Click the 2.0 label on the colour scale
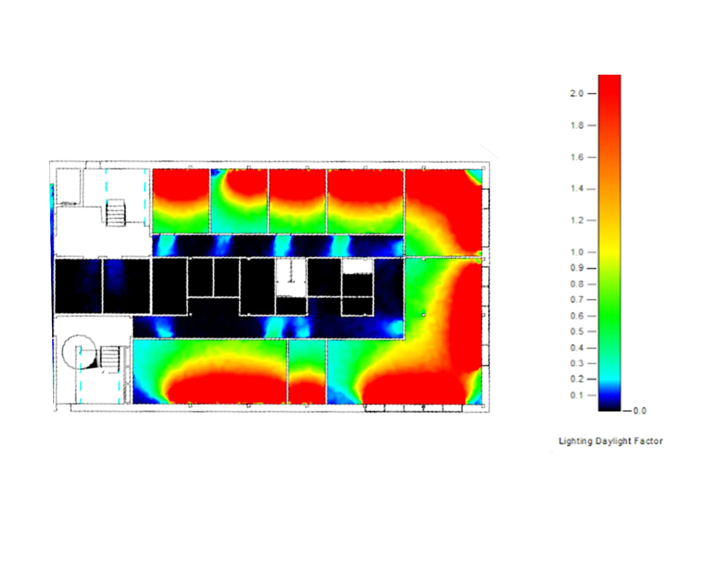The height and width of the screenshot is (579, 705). pos(577,93)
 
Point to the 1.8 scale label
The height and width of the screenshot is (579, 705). pos(577,125)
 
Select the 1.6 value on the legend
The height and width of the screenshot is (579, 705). pos(577,157)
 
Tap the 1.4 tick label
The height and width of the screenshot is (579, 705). pos(577,189)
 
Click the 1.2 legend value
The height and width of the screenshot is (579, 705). pos(577,220)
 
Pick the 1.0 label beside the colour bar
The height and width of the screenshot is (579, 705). pos(577,252)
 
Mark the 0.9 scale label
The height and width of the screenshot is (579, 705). pos(577,268)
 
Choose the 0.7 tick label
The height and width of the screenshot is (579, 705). pos(577,300)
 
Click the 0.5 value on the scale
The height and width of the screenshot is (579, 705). pos(577,331)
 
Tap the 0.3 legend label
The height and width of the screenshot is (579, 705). pos(577,363)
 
